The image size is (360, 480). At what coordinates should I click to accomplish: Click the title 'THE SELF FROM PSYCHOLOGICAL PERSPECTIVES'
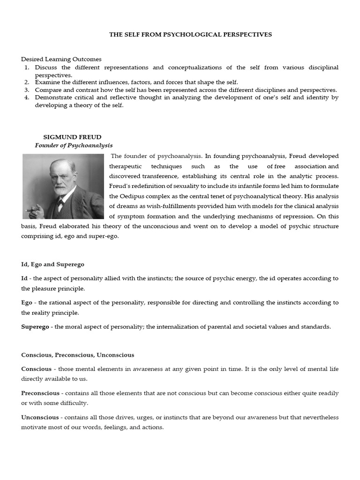(190, 35)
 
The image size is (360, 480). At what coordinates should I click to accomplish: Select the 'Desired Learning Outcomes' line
(61, 60)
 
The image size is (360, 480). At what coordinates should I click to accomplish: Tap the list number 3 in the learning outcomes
(27, 90)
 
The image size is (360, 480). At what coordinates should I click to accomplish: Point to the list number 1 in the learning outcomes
(27, 67)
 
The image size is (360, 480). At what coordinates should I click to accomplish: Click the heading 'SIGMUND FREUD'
(66, 137)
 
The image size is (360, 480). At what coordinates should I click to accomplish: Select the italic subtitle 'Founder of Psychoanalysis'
(74, 145)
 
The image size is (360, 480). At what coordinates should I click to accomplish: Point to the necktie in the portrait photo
(60, 205)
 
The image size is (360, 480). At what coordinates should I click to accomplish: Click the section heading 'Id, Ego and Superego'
(52, 265)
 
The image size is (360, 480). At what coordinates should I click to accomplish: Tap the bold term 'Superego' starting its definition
(35, 327)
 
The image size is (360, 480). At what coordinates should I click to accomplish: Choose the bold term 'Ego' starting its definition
(27, 303)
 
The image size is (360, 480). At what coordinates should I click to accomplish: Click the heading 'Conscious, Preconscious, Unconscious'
(77, 355)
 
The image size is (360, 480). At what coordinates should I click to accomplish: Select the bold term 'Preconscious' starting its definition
(40, 393)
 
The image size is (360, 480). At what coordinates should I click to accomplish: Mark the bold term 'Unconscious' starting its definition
(40, 417)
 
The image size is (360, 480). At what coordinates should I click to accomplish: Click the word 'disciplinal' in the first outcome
(321, 67)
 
